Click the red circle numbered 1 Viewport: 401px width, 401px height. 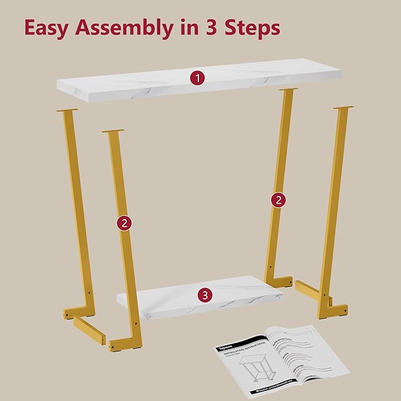(197, 77)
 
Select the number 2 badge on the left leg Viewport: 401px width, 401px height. (123, 223)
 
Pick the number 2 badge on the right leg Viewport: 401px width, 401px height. (278, 200)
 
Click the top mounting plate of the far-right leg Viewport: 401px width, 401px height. (343, 107)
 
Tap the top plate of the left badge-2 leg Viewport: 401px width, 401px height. (113, 131)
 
